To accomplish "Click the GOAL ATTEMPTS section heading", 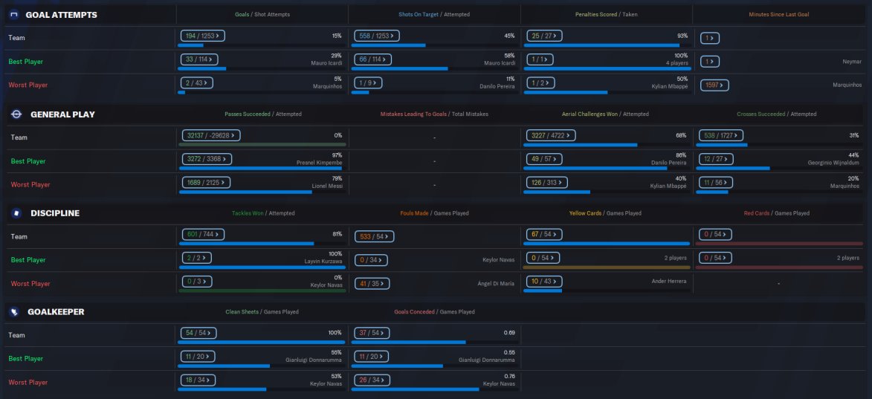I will coord(61,15).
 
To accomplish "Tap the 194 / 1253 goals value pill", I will coord(203,36).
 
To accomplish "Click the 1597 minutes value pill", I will coord(714,85).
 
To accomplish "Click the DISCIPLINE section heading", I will coord(55,213).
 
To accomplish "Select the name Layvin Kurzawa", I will coord(323,262).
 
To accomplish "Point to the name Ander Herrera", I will coord(671,280).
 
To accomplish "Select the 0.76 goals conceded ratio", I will coord(509,376).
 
